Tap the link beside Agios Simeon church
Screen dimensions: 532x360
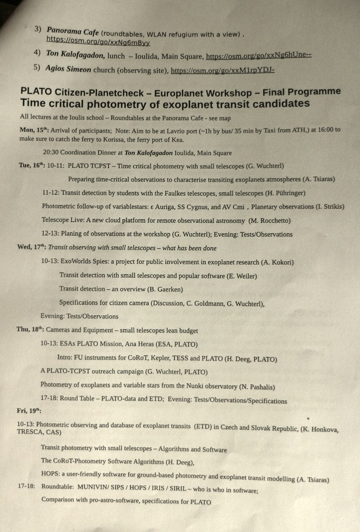[223, 70]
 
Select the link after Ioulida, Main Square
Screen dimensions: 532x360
[259, 56]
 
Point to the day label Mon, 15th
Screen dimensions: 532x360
[34, 130]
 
